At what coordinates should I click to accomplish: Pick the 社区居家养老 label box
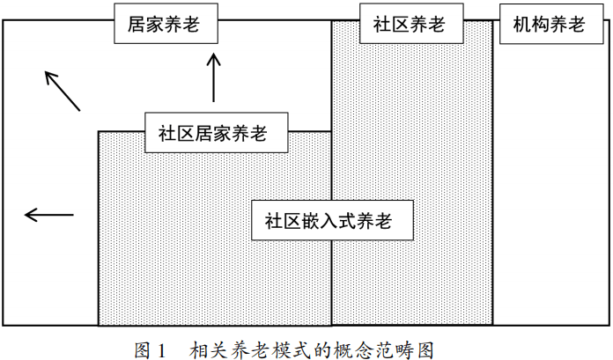click(214, 134)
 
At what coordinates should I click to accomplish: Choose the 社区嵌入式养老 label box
click(333, 220)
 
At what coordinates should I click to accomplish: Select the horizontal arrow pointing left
click(48, 214)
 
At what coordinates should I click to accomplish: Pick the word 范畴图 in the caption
click(404, 349)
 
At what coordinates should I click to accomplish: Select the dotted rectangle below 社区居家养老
click(176, 255)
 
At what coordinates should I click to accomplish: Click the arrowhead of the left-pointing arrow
click(28, 214)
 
